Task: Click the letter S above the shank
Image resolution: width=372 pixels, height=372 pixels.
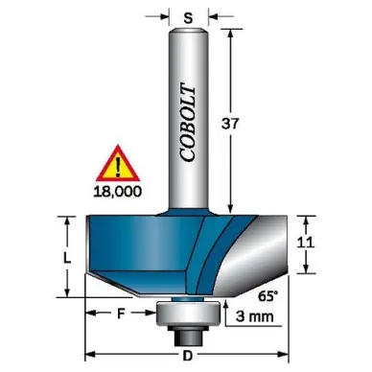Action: [189, 18]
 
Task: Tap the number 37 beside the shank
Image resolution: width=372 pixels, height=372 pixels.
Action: [230, 124]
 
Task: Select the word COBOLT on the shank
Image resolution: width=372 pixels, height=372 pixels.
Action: [188, 123]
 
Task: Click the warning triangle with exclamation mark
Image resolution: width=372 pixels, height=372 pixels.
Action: [118, 163]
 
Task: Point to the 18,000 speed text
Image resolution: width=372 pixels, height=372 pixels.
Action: [118, 192]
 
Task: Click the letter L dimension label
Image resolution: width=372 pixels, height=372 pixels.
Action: [67, 258]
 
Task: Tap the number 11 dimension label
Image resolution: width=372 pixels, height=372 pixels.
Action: [306, 243]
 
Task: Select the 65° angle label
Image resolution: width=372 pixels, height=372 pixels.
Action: [267, 296]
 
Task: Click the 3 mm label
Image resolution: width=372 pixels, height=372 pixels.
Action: [255, 316]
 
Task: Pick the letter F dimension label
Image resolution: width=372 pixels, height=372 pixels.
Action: [120, 314]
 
